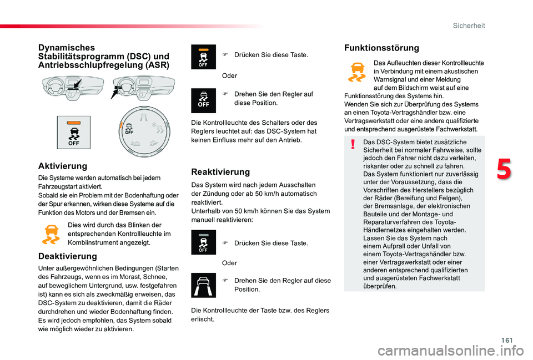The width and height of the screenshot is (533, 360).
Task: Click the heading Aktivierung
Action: click(x=62, y=166)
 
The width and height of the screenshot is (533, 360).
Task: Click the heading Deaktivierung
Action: click(x=67, y=256)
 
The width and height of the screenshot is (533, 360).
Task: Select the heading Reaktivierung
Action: click(x=220, y=172)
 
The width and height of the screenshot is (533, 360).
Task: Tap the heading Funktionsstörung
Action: click(x=381, y=48)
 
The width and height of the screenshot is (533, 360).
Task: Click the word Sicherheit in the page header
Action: click(x=469, y=26)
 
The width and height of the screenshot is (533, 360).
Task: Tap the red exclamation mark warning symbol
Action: click(x=353, y=145)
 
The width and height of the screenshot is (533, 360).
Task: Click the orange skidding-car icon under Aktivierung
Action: click(x=51, y=234)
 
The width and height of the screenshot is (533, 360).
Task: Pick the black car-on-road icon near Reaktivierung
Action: click(x=203, y=285)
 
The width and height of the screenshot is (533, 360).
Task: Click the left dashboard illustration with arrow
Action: click(x=63, y=89)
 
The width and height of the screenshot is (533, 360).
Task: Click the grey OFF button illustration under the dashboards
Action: click(x=73, y=133)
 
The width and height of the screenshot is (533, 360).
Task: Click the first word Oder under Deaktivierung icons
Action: click(x=229, y=75)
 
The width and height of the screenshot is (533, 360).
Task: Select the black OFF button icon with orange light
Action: click(x=203, y=57)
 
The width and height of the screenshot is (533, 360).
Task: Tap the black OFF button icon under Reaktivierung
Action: click(x=203, y=242)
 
